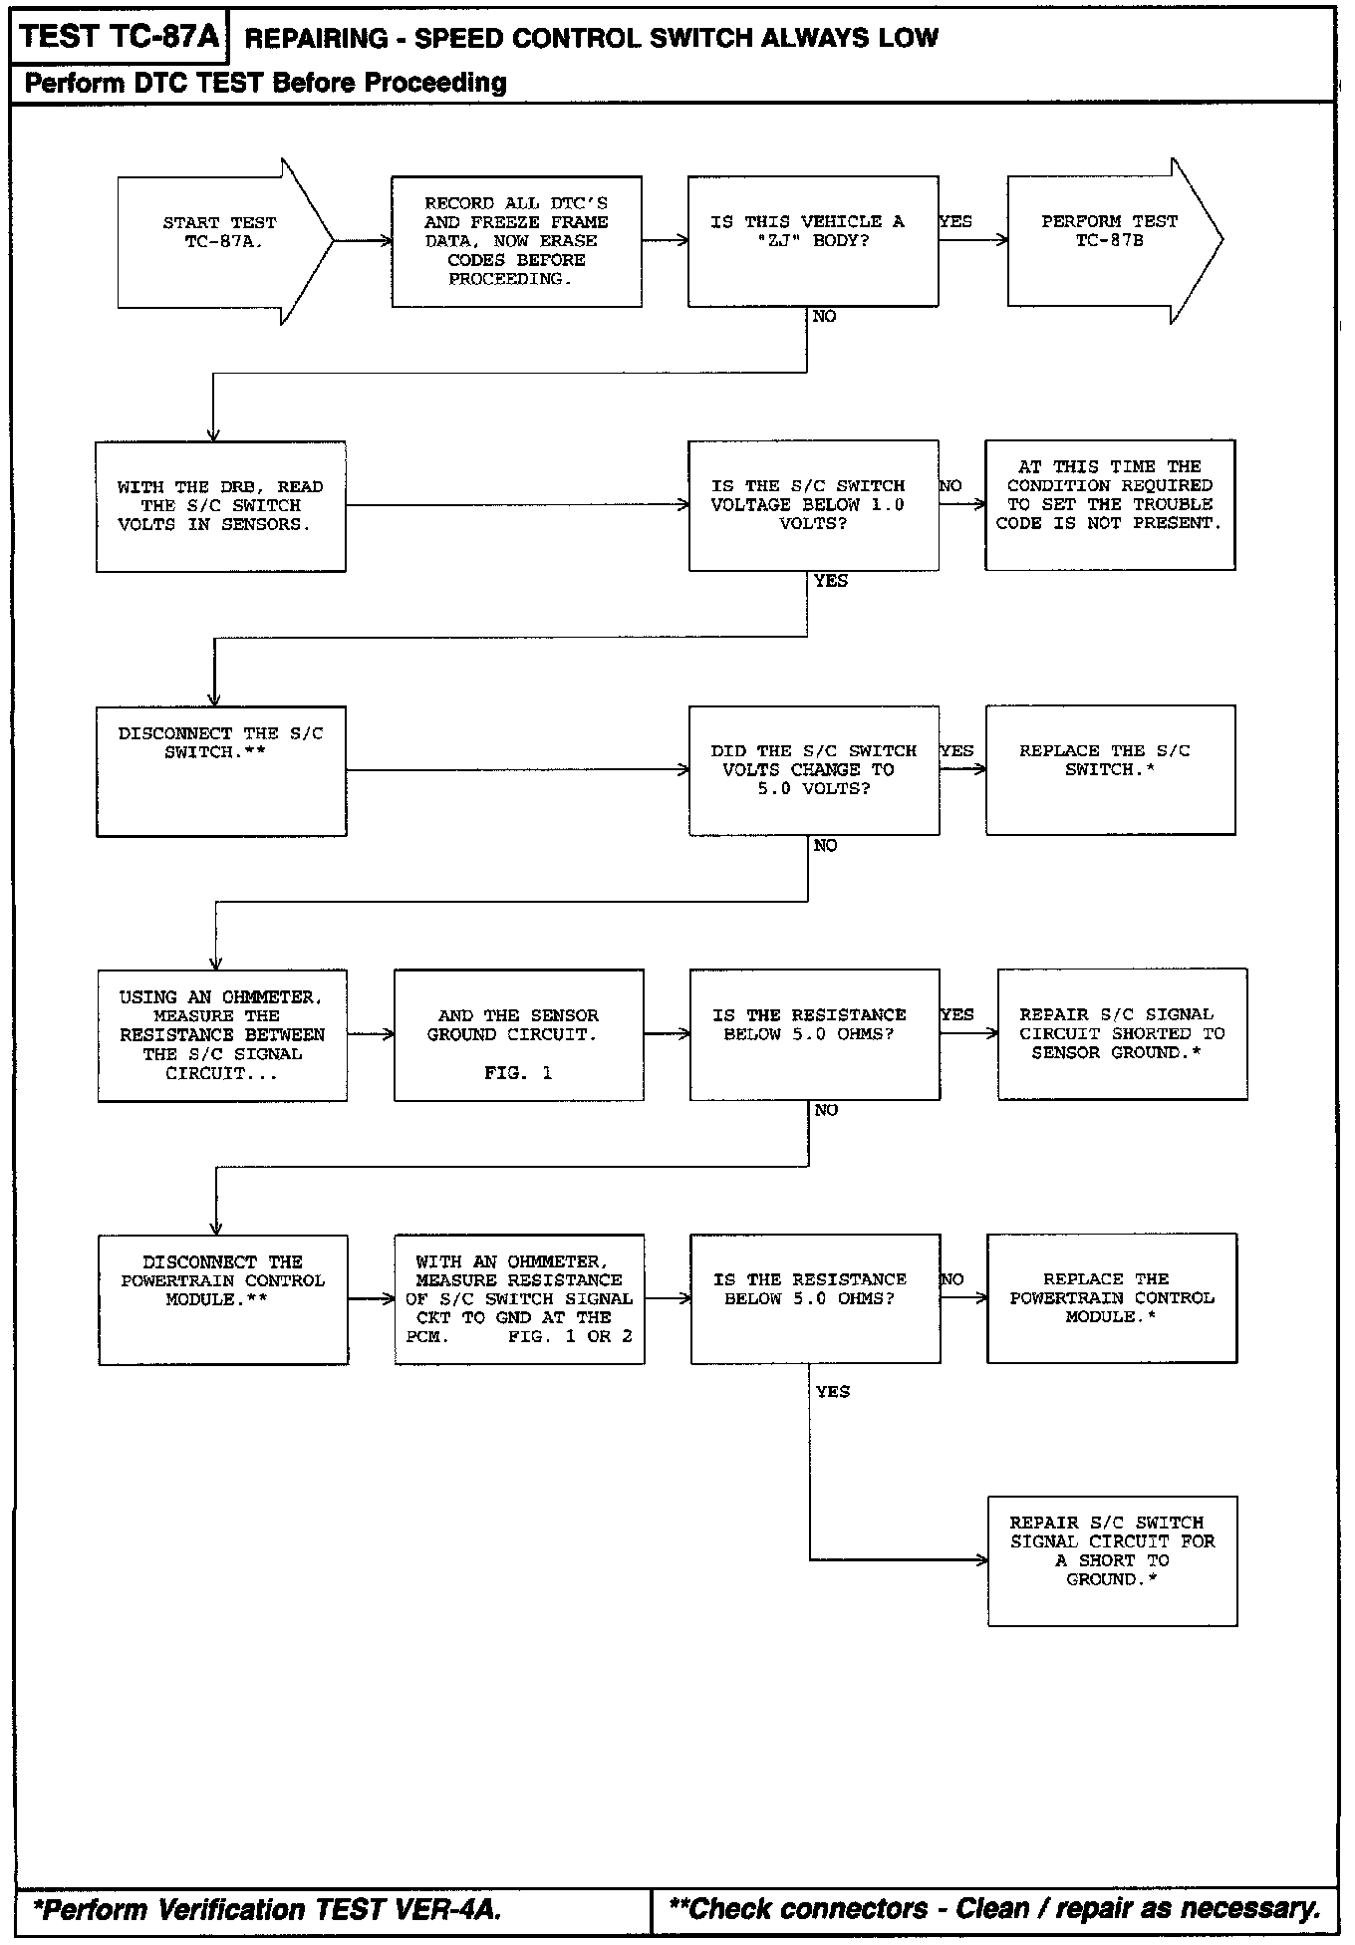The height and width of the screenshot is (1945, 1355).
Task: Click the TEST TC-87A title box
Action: point(119,38)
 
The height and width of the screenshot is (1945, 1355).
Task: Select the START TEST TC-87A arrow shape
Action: point(219,241)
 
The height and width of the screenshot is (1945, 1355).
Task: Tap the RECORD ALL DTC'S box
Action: point(516,241)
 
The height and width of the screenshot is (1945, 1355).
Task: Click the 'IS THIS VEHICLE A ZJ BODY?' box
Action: point(812,241)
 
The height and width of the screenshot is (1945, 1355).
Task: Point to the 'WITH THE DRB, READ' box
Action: point(220,506)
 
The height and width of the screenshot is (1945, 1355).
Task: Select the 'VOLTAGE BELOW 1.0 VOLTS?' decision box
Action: point(813,505)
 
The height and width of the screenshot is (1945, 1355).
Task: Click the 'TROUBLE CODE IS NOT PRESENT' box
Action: point(1110,504)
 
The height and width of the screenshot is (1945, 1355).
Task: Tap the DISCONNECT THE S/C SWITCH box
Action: point(221,770)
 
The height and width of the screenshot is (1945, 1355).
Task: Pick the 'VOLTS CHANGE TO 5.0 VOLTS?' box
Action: point(813,770)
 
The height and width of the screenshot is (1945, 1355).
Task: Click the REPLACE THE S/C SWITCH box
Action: point(1110,769)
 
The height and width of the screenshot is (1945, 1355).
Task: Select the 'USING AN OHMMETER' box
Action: point(222,1035)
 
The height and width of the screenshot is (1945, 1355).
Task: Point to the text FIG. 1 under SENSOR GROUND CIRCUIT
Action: point(518,1073)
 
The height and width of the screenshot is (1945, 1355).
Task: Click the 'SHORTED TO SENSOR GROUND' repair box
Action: point(1122,1034)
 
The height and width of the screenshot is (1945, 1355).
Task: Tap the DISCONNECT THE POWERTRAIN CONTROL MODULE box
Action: point(222,1299)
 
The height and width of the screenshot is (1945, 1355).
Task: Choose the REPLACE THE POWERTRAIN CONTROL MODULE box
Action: point(1112,1298)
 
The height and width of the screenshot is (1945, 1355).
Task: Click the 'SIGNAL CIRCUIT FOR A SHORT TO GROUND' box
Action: point(1112,1560)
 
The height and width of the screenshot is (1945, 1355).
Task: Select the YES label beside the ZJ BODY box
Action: point(955,221)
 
